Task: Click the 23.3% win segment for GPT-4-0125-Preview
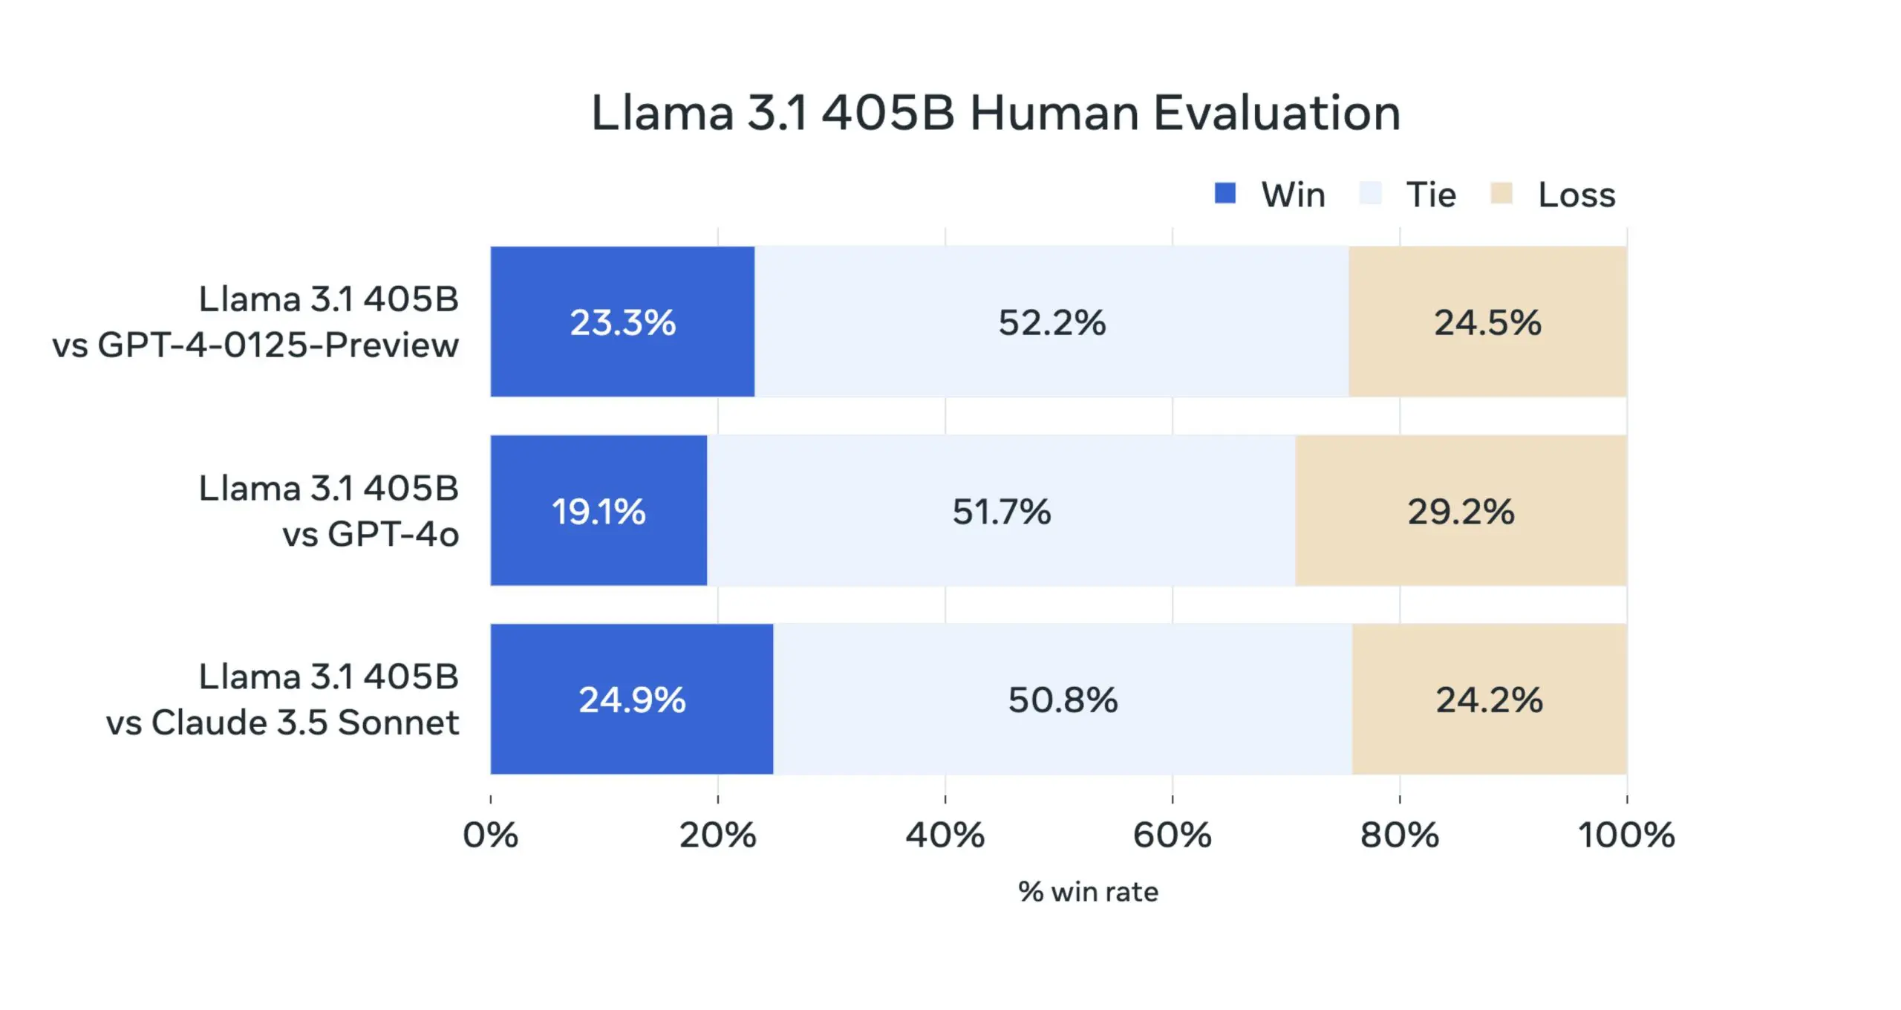click(x=622, y=322)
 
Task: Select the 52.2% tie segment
click(x=1051, y=322)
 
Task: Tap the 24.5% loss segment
click(x=1487, y=322)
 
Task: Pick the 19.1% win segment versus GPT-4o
click(x=599, y=511)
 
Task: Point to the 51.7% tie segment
click(x=1001, y=511)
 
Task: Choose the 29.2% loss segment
click(x=1461, y=511)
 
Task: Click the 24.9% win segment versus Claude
click(x=632, y=700)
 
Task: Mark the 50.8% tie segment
click(x=1063, y=700)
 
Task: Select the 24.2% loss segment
click(x=1489, y=700)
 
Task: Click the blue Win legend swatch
click(x=1225, y=193)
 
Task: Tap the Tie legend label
click(x=1431, y=195)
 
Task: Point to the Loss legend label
click(x=1576, y=195)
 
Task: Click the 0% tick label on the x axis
click(x=490, y=835)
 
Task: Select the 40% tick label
click(x=945, y=835)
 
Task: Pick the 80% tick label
click(x=1399, y=835)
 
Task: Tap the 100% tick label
click(x=1626, y=835)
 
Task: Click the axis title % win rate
click(x=1088, y=891)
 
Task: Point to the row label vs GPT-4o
click(x=370, y=534)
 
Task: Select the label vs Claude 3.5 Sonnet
click(x=282, y=723)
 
